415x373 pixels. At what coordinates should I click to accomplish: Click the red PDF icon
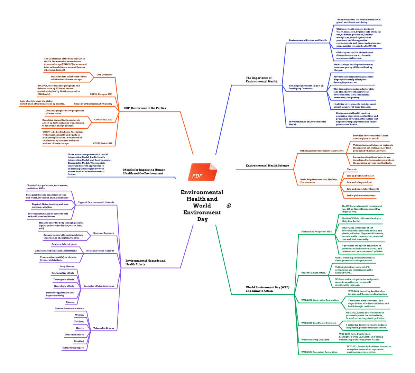click(203, 172)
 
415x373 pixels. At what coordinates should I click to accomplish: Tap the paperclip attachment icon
click(229, 206)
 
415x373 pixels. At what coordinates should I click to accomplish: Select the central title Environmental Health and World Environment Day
click(202, 206)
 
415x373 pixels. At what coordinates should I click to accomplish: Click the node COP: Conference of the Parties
click(145, 108)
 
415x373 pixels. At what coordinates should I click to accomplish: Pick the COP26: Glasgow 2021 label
click(101, 94)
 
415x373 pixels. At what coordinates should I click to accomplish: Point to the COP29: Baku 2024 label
click(103, 143)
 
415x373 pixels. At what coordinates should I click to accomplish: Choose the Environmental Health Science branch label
click(267, 166)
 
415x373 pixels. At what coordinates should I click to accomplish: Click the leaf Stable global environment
click(361, 195)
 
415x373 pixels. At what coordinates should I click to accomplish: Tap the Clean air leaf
click(352, 169)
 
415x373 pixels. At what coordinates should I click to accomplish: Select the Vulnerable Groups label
click(103, 328)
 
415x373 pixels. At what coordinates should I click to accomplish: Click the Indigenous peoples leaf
click(73, 348)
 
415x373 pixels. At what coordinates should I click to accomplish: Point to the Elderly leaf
click(80, 328)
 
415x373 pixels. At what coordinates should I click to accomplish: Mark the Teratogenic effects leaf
click(64, 280)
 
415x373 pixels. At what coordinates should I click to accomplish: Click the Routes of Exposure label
click(103, 233)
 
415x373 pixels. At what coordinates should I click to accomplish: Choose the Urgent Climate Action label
click(313, 273)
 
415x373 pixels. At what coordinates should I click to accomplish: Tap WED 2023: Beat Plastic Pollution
click(319, 323)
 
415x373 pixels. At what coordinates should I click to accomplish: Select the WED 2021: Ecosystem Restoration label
click(319, 352)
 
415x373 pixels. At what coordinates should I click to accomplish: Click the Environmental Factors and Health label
click(307, 40)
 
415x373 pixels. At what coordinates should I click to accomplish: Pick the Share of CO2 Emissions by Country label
click(93, 104)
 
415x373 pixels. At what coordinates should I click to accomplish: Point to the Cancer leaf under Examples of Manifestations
click(70, 302)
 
